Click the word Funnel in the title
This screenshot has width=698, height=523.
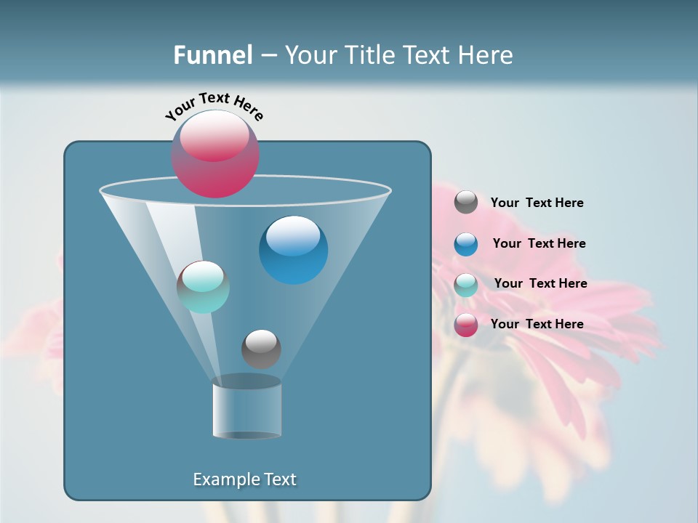tap(212, 55)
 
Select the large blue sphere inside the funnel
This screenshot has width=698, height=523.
tap(293, 250)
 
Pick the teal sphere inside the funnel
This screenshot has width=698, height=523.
tap(203, 287)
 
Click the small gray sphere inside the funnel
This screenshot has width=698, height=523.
tap(261, 349)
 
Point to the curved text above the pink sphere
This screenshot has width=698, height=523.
tap(214, 105)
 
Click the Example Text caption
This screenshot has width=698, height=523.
tap(244, 479)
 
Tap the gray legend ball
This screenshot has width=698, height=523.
tap(466, 203)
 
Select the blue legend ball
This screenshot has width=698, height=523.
tap(466, 244)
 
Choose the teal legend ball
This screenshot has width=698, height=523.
tap(466, 285)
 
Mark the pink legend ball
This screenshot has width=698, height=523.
tap(466, 325)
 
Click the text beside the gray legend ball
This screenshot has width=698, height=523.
tap(537, 203)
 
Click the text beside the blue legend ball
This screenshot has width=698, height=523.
tap(539, 244)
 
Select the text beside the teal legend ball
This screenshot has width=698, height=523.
tap(540, 284)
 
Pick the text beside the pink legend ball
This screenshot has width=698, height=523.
tap(537, 324)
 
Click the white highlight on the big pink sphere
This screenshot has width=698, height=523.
tap(214, 136)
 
